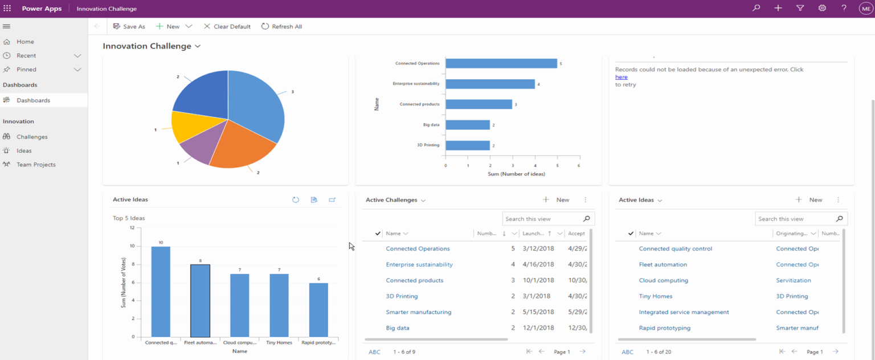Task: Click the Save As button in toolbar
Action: click(x=129, y=27)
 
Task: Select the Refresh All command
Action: click(x=281, y=27)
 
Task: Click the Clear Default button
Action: click(x=227, y=27)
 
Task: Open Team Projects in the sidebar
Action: click(x=36, y=165)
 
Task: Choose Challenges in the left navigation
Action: click(x=32, y=137)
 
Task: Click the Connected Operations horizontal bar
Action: click(x=501, y=63)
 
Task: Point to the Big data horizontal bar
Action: click(x=467, y=125)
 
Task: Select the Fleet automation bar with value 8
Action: click(x=200, y=300)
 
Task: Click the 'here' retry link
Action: click(x=621, y=77)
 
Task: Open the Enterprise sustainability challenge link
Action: click(x=419, y=264)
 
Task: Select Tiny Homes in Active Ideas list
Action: click(x=655, y=296)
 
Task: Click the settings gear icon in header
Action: click(x=822, y=9)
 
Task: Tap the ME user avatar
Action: click(x=865, y=9)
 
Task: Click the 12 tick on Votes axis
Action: click(x=132, y=228)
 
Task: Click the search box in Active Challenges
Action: click(x=542, y=219)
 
